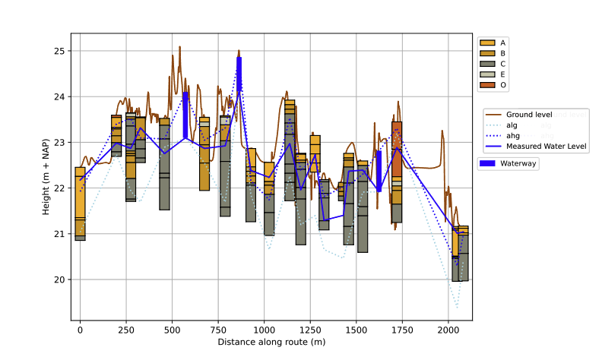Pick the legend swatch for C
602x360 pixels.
[x=487, y=64]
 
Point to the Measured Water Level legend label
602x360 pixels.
[x=546, y=147]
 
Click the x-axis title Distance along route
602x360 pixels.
[x=271, y=343]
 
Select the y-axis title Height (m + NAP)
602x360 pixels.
[x=46, y=177]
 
